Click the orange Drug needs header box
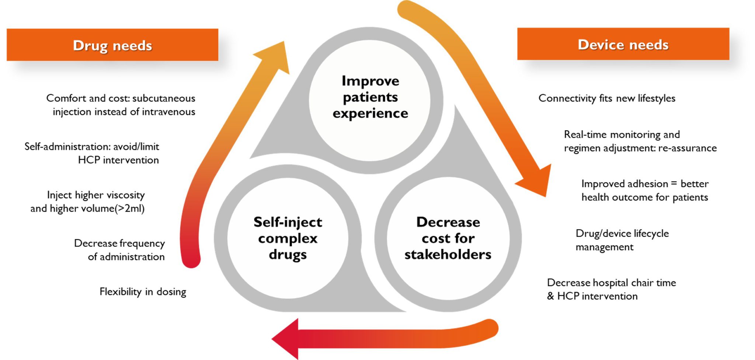click(x=112, y=45)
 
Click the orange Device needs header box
click(x=623, y=44)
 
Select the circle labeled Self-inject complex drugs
click(x=288, y=238)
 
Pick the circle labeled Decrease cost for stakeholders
click(x=448, y=238)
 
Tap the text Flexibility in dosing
click(x=143, y=292)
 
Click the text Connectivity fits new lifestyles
click(x=607, y=98)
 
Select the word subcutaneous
click(x=164, y=98)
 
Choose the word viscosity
click(x=124, y=195)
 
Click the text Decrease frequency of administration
click(x=119, y=250)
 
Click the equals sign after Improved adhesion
click(x=674, y=184)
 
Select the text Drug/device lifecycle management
click(x=622, y=240)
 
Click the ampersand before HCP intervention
click(x=550, y=296)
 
